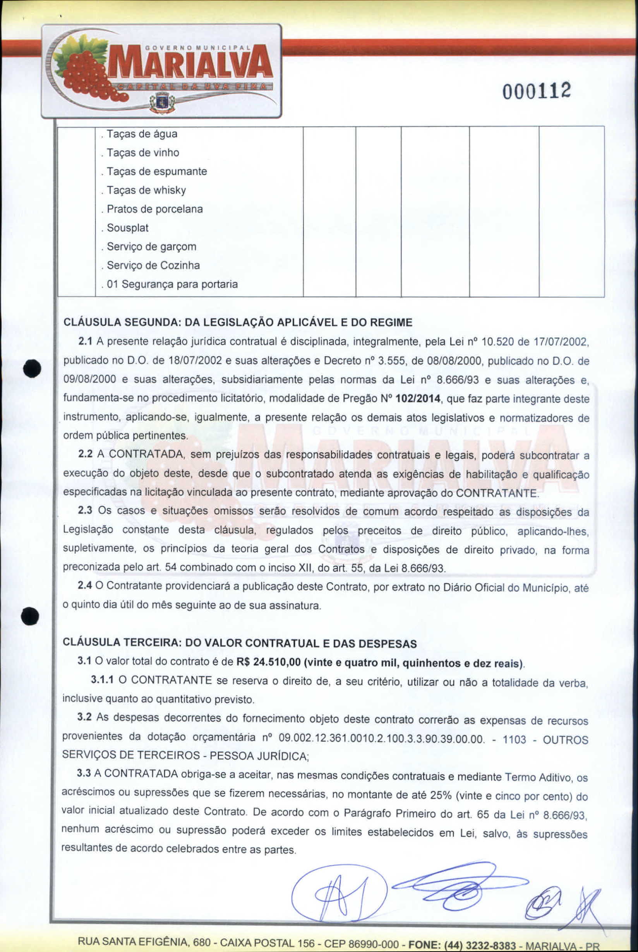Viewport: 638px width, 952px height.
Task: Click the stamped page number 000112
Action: pos(537,91)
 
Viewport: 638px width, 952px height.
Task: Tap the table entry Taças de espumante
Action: pos(157,171)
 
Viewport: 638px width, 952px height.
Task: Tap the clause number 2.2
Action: pos(86,454)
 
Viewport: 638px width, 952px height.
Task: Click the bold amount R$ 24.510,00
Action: pos(269,663)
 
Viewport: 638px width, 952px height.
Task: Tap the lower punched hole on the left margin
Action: pos(31,616)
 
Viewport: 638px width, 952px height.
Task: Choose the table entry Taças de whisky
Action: pos(146,190)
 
